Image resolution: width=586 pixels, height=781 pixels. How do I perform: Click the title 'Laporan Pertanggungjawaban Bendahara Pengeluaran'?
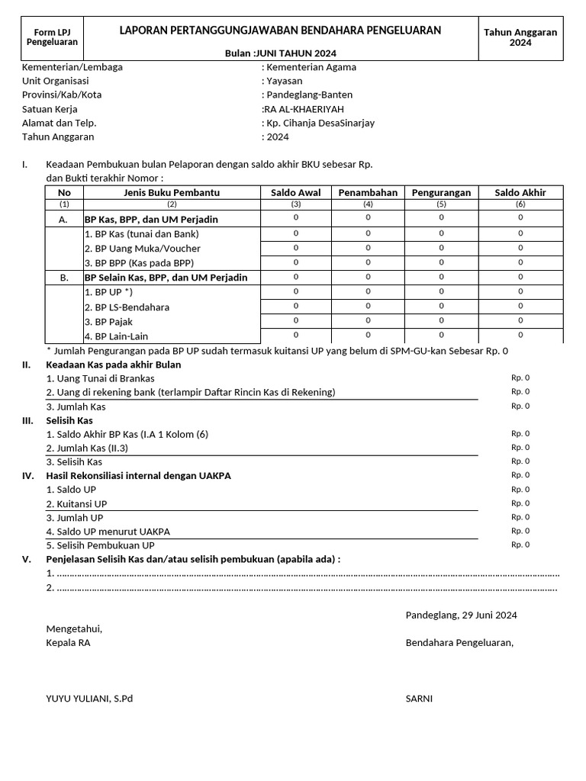click(280, 31)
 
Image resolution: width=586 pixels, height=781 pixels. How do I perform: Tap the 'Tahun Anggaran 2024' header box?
click(520, 37)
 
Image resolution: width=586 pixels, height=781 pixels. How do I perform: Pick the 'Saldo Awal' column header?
click(295, 193)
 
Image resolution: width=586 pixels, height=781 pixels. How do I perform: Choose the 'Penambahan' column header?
click(368, 193)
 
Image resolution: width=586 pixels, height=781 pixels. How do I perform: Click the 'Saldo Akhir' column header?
click(520, 193)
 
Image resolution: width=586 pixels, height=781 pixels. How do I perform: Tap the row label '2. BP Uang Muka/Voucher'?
click(143, 249)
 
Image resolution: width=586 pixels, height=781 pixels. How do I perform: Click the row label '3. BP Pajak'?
click(108, 322)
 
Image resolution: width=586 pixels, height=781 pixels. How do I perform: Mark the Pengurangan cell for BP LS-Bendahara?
click(441, 306)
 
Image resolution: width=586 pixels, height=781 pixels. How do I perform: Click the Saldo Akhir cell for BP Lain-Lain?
click(520, 335)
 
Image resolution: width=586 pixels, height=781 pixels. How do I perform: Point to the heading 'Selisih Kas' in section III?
click(69, 420)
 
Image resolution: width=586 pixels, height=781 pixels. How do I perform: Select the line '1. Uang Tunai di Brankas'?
click(100, 378)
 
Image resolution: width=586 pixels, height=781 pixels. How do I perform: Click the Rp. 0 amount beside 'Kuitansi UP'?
click(520, 503)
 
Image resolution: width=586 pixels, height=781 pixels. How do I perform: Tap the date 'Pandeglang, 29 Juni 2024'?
click(461, 615)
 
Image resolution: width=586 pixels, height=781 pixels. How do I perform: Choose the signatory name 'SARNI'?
click(419, 698)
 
